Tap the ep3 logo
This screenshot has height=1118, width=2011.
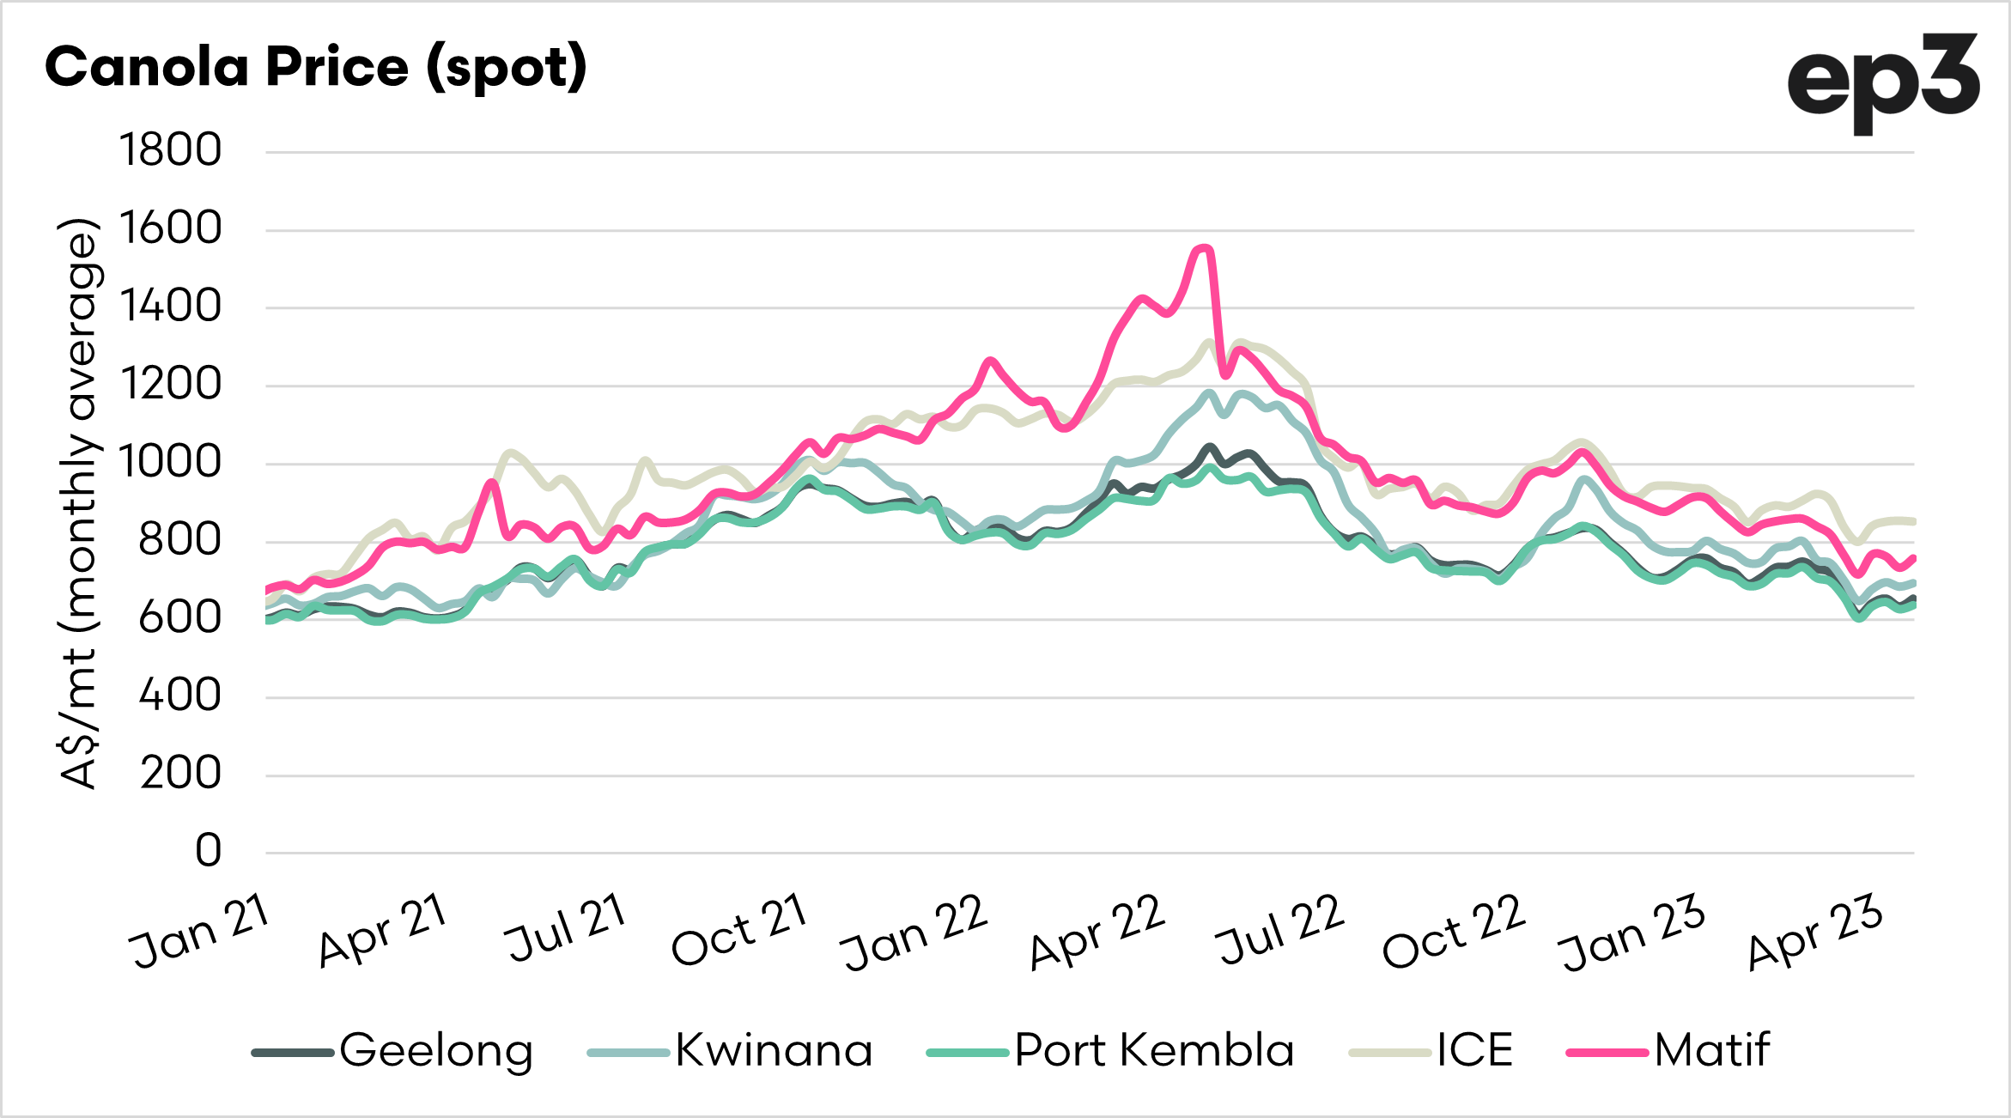[1882, 81]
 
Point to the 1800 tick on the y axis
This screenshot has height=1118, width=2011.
[171, 151]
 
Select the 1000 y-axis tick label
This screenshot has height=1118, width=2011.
[171, 463]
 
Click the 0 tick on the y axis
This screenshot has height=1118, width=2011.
[209, 852]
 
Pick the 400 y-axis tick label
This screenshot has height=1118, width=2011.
[180, 696]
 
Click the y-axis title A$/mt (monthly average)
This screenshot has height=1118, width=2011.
[79, 503]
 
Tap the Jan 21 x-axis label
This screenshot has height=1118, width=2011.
[200, 931]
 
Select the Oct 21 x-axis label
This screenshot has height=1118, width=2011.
[739, 931]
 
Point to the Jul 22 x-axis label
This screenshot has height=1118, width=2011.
[1280, 931]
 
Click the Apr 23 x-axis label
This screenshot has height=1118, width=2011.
[1815, 933]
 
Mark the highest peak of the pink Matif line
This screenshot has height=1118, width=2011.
[1204, 248]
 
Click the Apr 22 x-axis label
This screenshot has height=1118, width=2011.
[1097, 933]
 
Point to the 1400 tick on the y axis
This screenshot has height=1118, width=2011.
[171, 307]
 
